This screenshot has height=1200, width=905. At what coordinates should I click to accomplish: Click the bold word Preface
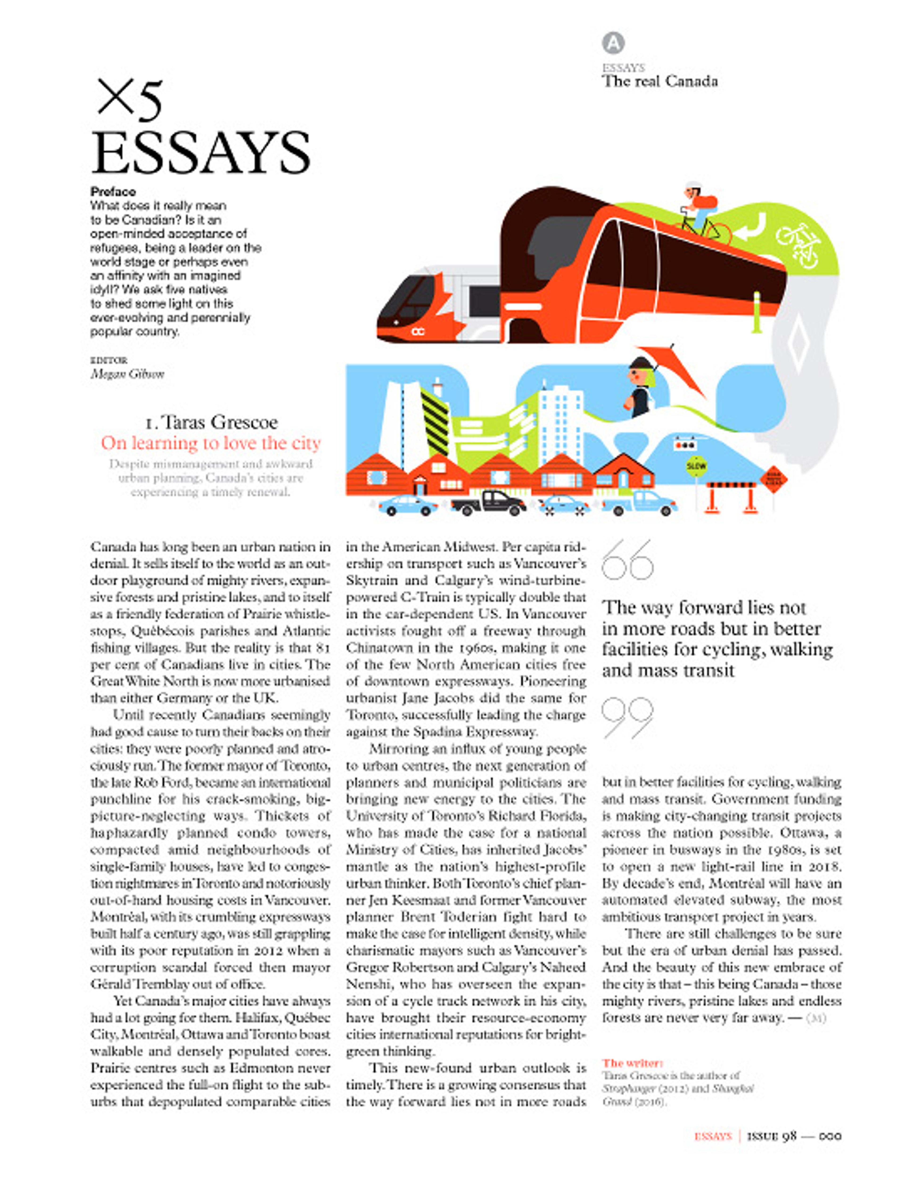(x=113, y=191)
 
